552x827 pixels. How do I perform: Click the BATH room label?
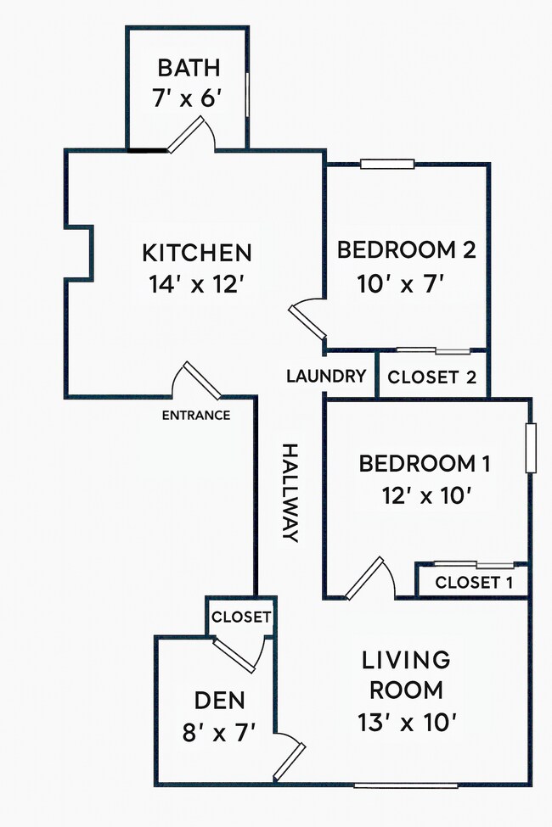(189, 68)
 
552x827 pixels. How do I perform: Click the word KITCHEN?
(197, 253)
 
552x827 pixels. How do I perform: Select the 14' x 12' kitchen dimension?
(196, 285)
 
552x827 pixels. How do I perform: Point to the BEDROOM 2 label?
(406, 249)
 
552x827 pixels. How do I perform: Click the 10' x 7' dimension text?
(399, 285)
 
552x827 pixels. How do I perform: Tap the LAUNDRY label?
(326, 376)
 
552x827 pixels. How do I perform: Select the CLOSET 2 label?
(432, 377)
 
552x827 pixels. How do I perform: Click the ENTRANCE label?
(196, 415)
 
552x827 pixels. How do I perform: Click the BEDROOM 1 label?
(425, 464)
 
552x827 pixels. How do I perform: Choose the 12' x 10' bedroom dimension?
(426, 496)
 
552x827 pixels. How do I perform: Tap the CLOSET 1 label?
(474, 582)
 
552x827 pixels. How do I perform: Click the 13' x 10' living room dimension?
(407, 722)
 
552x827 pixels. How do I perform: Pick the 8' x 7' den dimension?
(219, 733)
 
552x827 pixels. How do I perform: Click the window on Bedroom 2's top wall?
(387, 164)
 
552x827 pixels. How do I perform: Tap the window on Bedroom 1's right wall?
(531, 448)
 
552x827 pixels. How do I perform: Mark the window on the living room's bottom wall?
(406, 785)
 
